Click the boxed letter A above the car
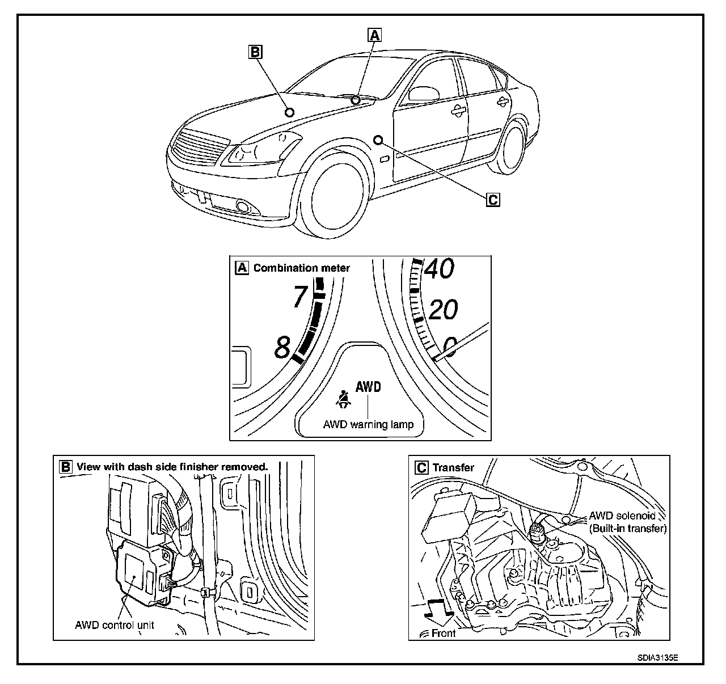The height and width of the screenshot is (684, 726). pyautogui.click(x=374, y=35)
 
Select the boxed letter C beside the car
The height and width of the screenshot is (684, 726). pyautogui.click(x=493, y=199)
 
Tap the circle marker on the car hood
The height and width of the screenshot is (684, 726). pyautogui.click(x=289, y=112)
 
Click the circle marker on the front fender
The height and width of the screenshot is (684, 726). pyautogui.click(x=378, y=139)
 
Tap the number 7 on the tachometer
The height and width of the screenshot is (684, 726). pyautogui.click(x=300, y=297)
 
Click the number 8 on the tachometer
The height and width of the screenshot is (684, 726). pyautogui.click(x=282, y=347)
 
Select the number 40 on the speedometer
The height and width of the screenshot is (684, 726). pyautogui.click(x=439, y=268)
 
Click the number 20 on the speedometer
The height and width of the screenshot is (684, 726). pyautogui.click(x=443, y=310)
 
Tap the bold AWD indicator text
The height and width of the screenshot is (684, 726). pyautogui.click(x=368, y=387)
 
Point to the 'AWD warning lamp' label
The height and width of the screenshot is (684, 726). pyautogui.click(x=368, y=424)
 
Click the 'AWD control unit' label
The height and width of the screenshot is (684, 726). pyautogui.click(x=115, y=625)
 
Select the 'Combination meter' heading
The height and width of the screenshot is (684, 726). pyautogui.click(x=301, y=268)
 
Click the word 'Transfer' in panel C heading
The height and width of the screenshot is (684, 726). pyautogui.click(x=453, y=467)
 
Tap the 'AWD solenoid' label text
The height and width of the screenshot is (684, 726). pyautogui.click(x=622, y=516)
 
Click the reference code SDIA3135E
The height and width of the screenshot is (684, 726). pyautogui.click(x=657, y=658)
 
